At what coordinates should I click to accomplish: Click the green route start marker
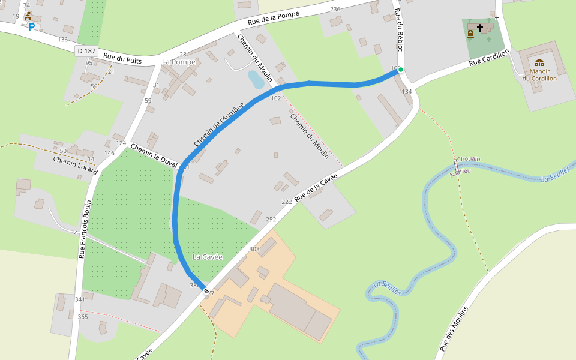[x=401, y=70]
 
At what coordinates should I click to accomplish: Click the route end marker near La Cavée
[x=206, y=292]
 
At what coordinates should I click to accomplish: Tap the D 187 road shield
[x=87, y=51]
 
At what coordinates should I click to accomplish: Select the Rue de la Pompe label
[x=274, y=19]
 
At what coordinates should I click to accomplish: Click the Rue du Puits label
[x=122, y=58]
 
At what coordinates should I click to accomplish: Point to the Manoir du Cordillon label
[x=539, y=74]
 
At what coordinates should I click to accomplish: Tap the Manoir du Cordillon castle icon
[x=539, y=62]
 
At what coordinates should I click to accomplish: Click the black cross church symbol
[x=479, y=28]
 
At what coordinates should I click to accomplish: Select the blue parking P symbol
[x=31, y=27]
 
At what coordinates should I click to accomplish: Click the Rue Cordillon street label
[x=489, y=58]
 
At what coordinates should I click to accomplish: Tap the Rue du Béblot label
[x=399, y=34]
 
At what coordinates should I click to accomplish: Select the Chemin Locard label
[x=75, y=165]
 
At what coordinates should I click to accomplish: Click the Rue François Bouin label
[x=85, y=229]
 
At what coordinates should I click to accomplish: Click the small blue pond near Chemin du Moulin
[x=255, y=79]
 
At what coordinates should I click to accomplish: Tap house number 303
[x=254, y=249]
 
